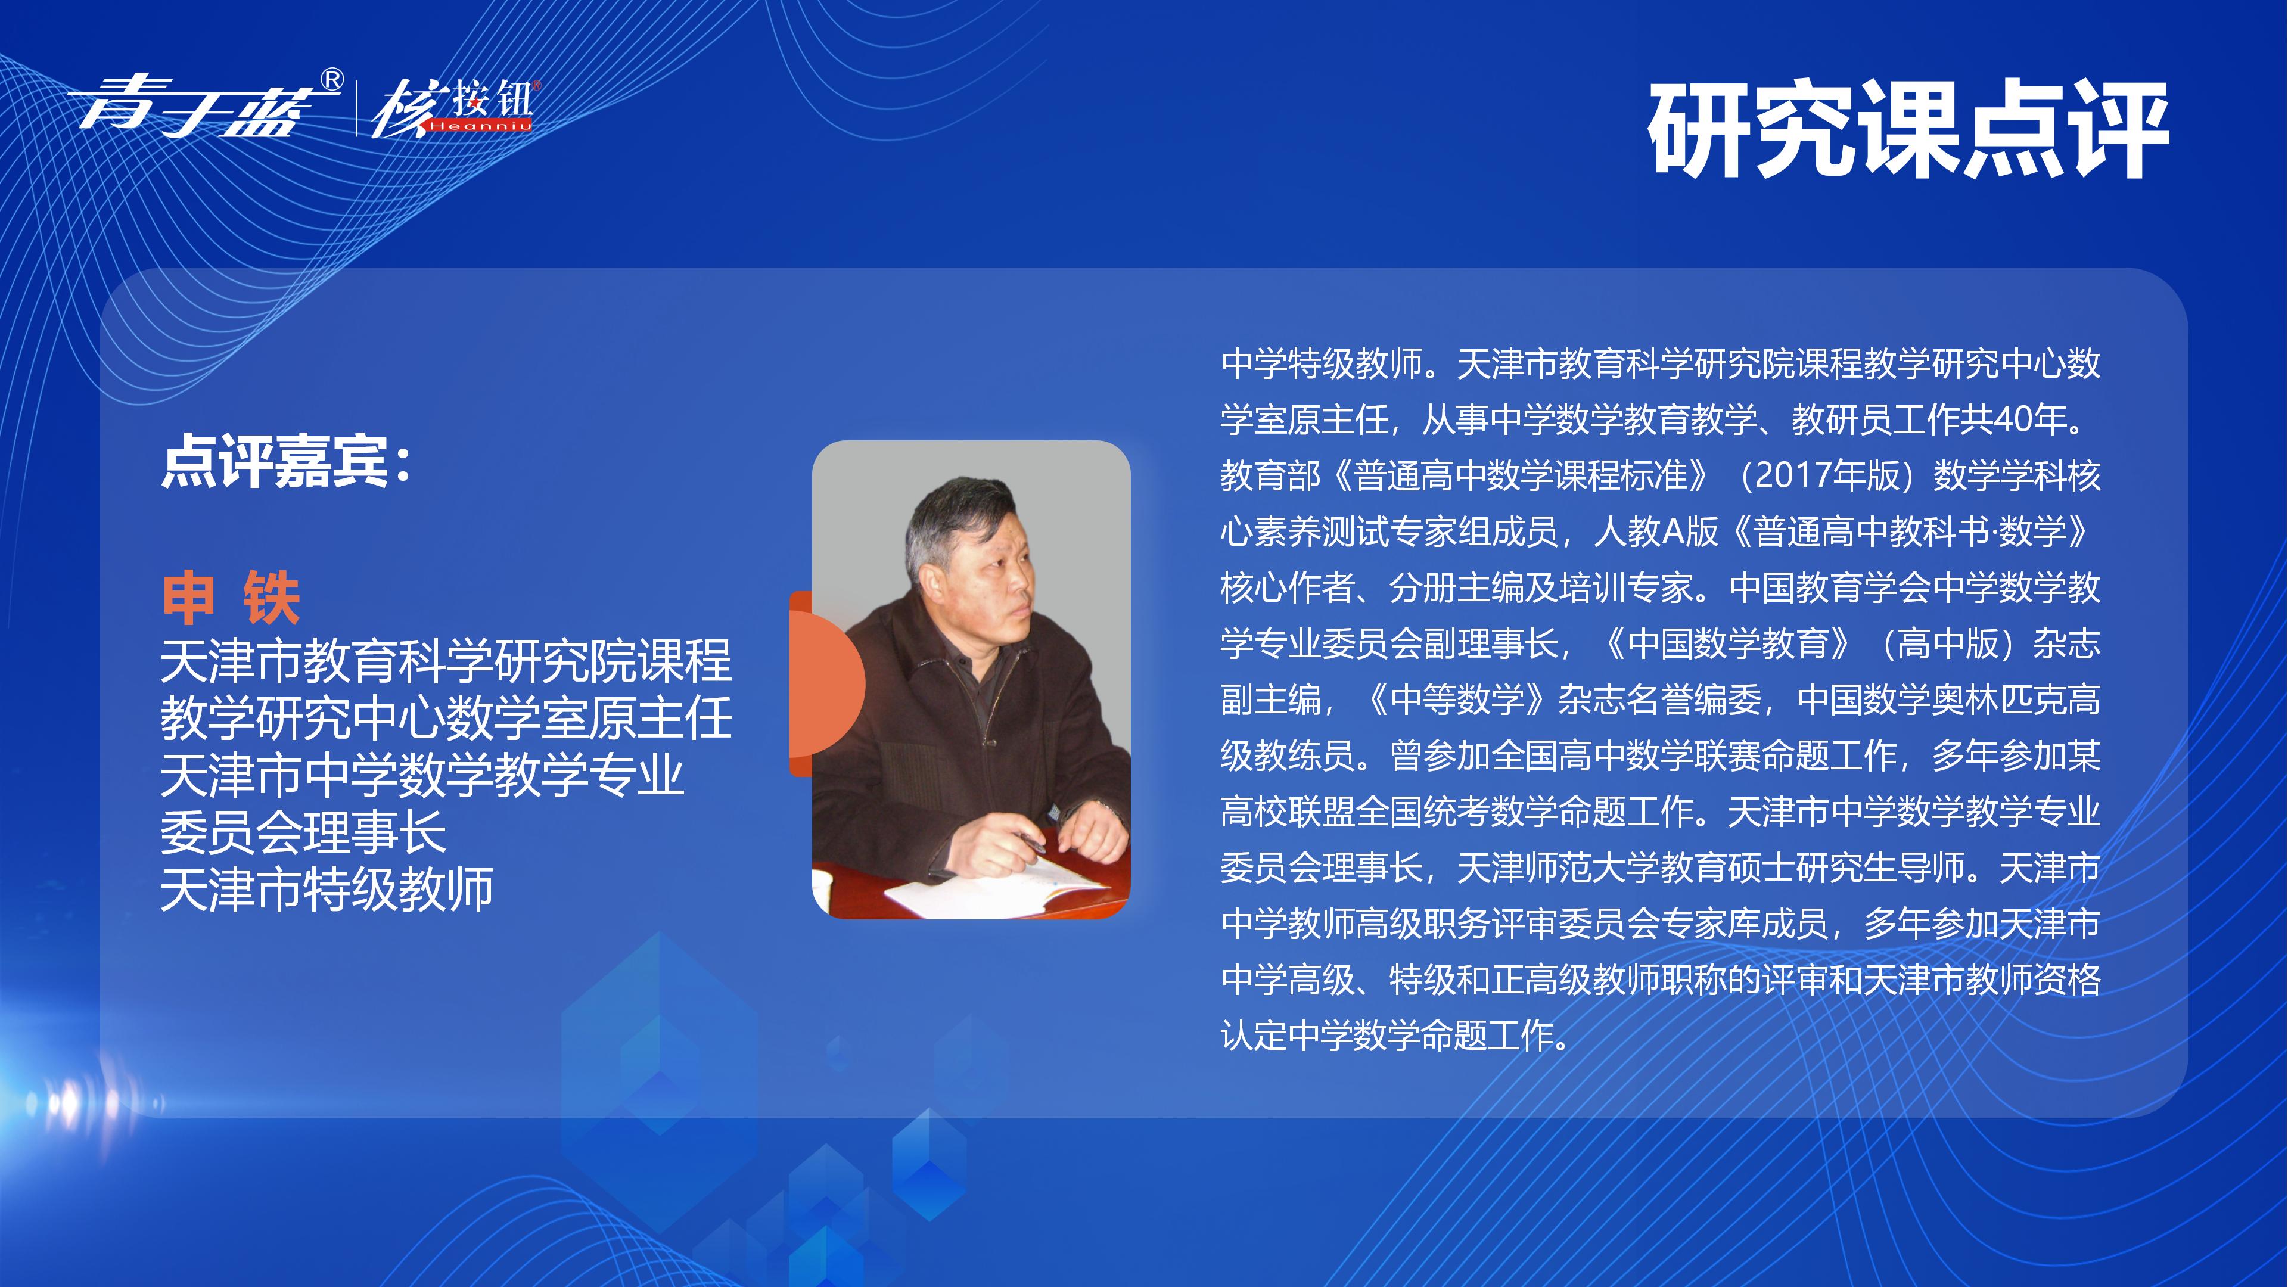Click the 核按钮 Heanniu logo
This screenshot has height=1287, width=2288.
453,108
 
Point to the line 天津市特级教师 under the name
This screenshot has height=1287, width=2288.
327,888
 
